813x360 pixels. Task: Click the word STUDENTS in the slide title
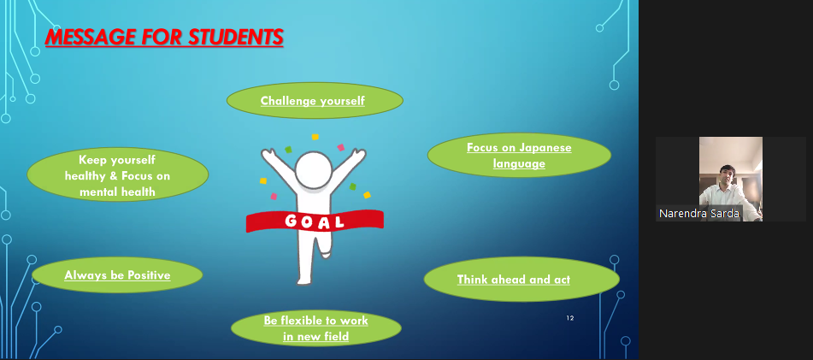tap(235, 38)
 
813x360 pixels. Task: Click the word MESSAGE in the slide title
tap(91, 38)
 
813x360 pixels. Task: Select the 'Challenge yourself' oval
tap(315, 101)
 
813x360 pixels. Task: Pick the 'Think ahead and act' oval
tap(521, 279)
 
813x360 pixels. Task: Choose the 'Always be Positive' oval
tap(117, 275)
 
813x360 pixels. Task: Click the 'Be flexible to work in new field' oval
tap(315, 328)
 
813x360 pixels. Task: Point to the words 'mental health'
tap(117, 192)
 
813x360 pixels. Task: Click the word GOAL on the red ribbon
tap(315, 222)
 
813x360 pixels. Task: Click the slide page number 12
tap(570, 318)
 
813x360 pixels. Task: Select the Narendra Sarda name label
tap(699, 213)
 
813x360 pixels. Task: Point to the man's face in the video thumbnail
tap(728, 176)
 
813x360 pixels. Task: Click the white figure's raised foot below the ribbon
tap(326, 252)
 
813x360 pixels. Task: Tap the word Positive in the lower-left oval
tap(149, 275)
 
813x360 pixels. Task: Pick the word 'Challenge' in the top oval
tap(288, 101)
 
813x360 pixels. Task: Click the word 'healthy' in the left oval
tap(85, 176)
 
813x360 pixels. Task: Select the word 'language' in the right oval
tap(519, 164)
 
